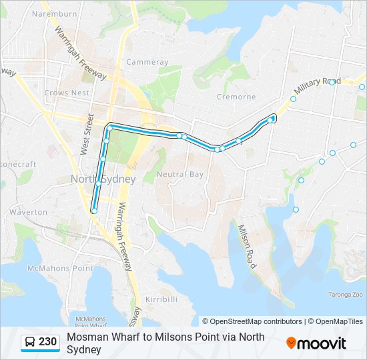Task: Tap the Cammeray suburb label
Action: click(x=147, y=62)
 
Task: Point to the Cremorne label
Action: click(x=236, y=97)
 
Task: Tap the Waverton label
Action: click(x=28, y=212)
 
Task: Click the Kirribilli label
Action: click(x=161, y=299)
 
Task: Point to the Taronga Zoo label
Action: click(x=345, y=294)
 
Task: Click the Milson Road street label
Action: click(x=246, y=246)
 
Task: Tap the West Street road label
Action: click(x=87, y=134)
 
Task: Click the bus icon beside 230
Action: click(x=30, y=343)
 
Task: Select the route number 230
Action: click(x=48, y=342)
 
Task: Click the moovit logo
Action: click(x=316, y=343)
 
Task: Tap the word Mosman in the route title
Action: click(x=85, y=337)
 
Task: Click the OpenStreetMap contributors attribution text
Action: click(x=254, y=321)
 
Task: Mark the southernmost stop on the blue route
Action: click(x=94, y=211)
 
